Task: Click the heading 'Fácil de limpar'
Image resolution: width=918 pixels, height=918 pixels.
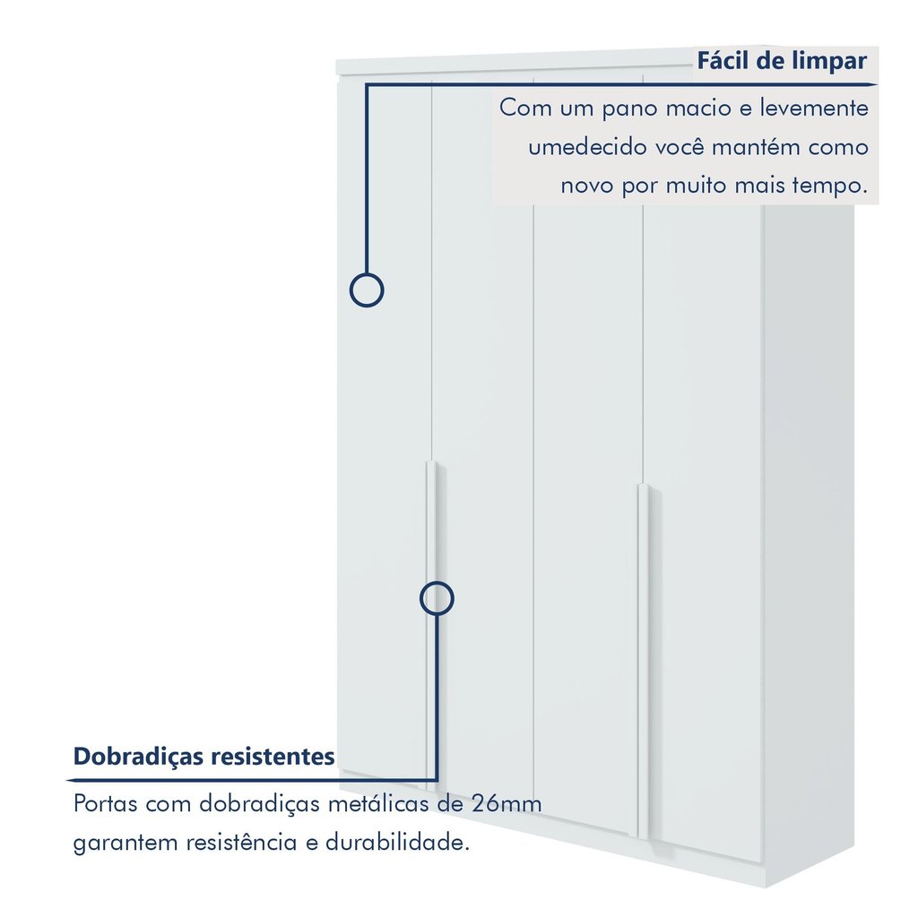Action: pyautogui.click(x=782, y=61)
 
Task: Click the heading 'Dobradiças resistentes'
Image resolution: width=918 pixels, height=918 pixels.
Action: pyautogui.click(x=204, y=757)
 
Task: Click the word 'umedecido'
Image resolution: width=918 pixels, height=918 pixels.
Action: pyautogui.click(x=587, y=146)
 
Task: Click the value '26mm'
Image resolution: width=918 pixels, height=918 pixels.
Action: pyautogui.click(x=507, y=804)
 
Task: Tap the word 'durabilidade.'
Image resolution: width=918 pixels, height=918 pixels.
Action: pyautogui.click(x=397, y=843)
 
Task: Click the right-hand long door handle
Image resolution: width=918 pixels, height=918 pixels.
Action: pyautogui.click(x=644, y=662)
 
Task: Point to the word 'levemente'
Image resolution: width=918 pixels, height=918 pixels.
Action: pyautogui.click(x=814, y=108)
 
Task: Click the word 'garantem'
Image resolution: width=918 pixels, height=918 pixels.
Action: pyautogui.click(x=125, y=844)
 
